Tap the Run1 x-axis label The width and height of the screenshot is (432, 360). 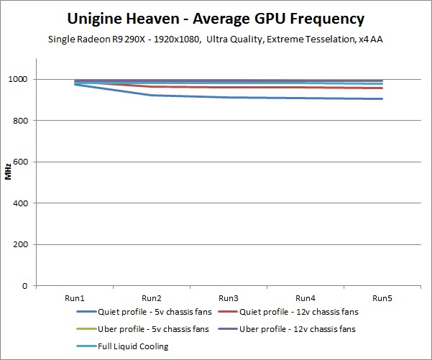pyautogui.click(x=75, y=297)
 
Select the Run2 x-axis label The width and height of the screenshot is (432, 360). pyautogui.click(x=151, y=297)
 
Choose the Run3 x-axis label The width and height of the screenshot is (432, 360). pyautogui.click(x=228, y=297)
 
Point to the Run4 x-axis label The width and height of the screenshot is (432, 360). pyautogui.click(x=305, y=297)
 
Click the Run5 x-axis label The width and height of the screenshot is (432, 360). pyautogui.click(x=382, y=297)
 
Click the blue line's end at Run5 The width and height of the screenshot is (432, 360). pyautogui.click(x=382, y=99)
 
